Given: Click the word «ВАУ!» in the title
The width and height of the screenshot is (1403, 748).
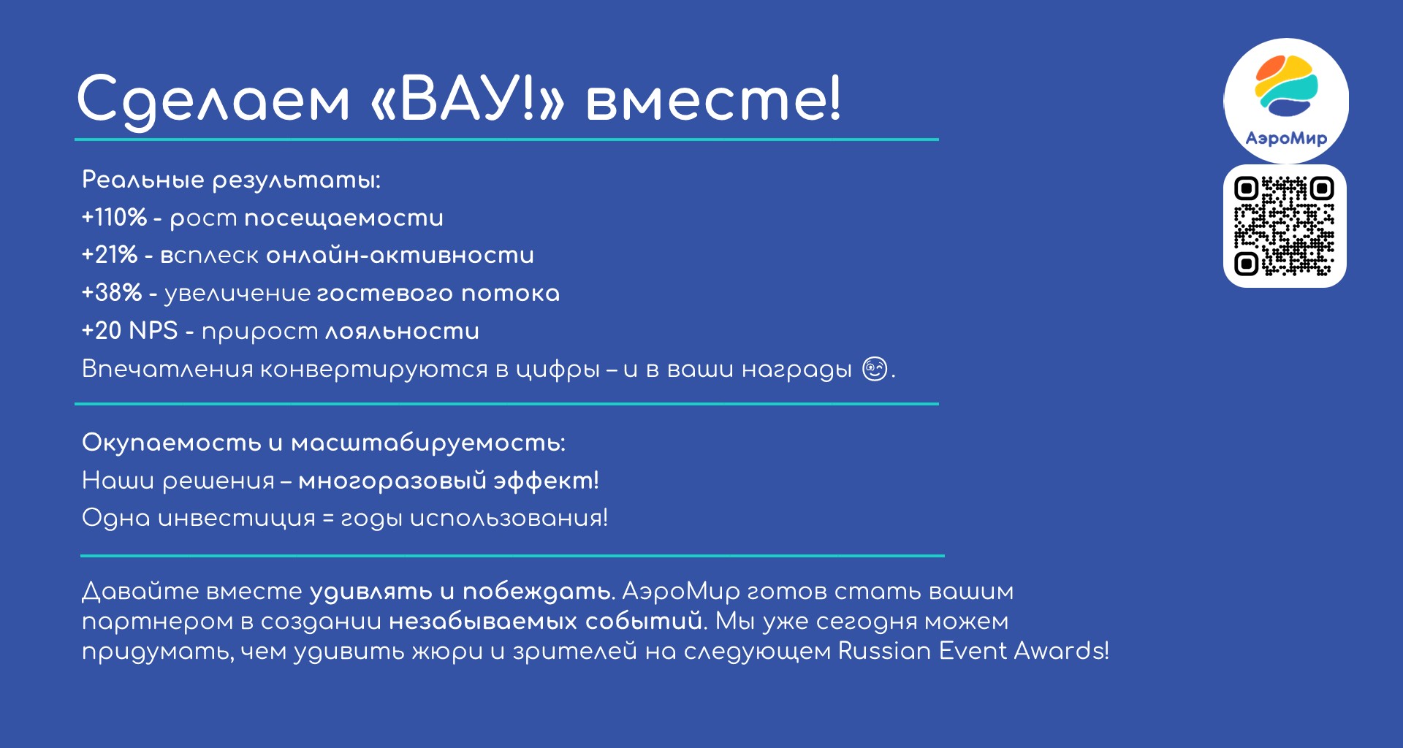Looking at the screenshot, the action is [468, 99].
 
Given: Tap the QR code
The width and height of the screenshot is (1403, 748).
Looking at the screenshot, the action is [1285, 226].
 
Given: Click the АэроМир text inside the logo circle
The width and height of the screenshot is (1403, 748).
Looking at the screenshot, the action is [1286, 138].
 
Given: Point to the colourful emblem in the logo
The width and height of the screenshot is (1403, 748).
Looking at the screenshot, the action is [1286, 85].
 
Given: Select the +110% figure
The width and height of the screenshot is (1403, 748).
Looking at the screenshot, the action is [114, 218].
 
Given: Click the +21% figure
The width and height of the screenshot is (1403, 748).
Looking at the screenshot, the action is [110, 255].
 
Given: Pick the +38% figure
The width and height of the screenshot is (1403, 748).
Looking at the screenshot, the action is [112, 293].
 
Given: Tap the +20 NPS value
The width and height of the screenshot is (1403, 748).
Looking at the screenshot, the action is [130, 331].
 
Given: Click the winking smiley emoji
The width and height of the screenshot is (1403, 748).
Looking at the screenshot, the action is [875, 369].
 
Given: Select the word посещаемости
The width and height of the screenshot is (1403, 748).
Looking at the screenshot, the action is [343, 218].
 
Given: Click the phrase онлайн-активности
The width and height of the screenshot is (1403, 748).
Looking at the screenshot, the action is [400, 255].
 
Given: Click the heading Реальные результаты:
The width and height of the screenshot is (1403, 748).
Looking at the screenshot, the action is [231, 180].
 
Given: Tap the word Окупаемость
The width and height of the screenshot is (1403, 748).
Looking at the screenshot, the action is [172, 443].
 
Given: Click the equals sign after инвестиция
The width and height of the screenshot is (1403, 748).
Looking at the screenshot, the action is [328, 519].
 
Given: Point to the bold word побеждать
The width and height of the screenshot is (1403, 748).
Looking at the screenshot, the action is [537, 591].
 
